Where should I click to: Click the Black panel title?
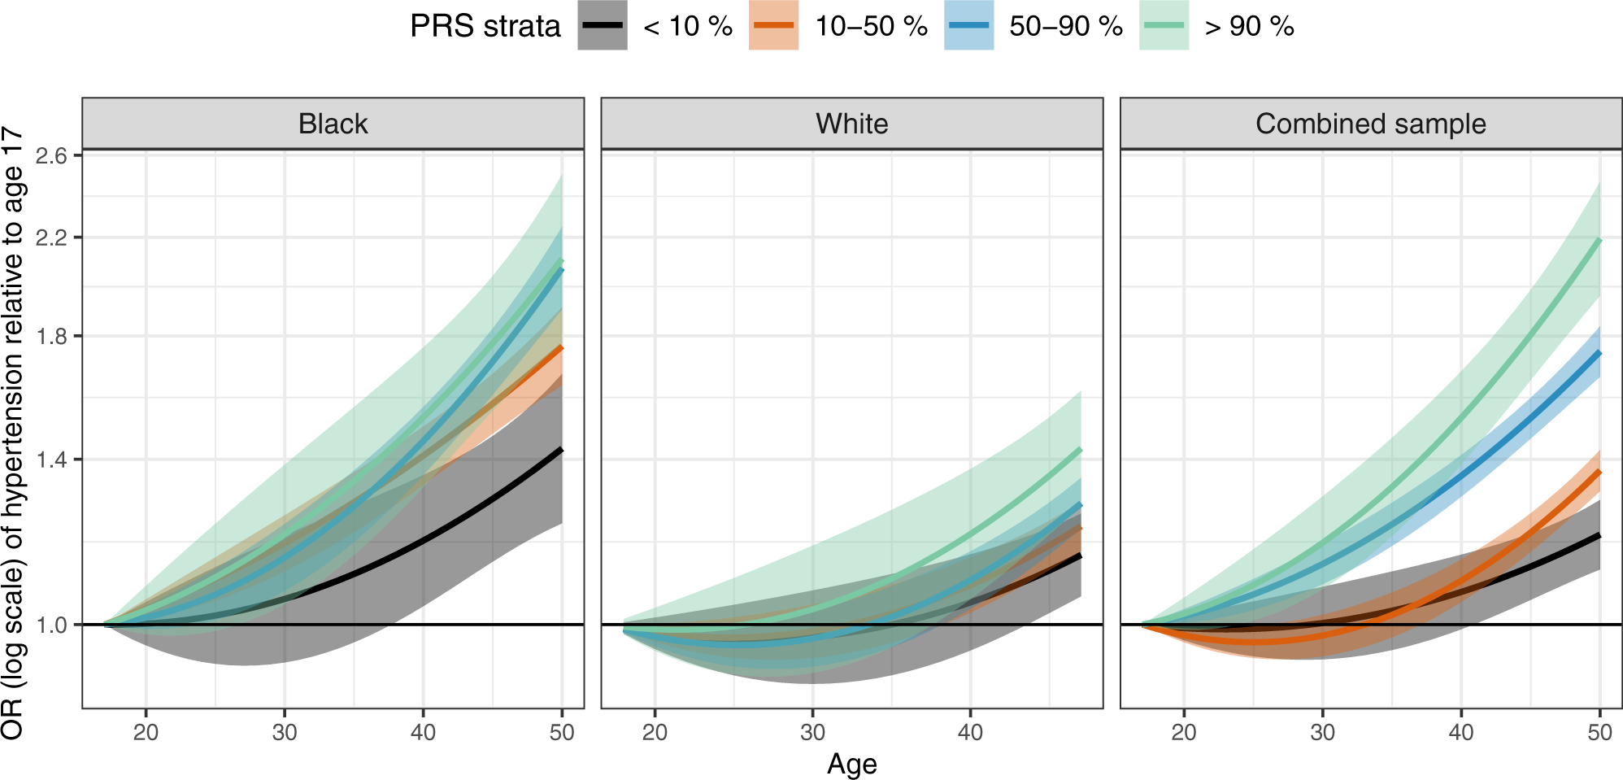(333, 124)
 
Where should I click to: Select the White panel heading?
(851, 124)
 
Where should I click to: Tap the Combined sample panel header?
(1370, 124)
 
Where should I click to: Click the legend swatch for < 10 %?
(603, 26)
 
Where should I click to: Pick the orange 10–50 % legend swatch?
(773, 26)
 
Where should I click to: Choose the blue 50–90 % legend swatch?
(968, 26)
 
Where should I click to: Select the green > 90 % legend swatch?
(1164, 26)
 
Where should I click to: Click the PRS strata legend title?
(485, 26)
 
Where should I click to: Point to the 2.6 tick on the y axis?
(51, 156)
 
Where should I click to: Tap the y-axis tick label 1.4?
(51, 460)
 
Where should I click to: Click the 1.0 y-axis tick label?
(51, 625)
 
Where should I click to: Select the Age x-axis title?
(851, 764)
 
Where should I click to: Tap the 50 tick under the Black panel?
(562, 732)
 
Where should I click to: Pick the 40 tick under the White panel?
(970, 732)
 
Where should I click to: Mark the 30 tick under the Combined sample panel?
(1322, 732)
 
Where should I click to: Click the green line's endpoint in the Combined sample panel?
(1599, 240)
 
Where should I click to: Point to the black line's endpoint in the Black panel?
(561, 450)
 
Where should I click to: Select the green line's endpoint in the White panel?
(1080, 450)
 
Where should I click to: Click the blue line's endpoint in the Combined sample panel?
(1599, 353)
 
